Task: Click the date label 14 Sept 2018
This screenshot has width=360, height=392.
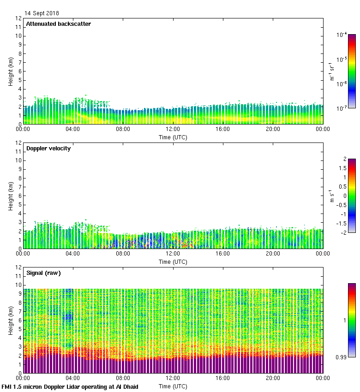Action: click(x=42, y=13)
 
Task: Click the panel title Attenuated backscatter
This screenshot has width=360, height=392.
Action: click(x=58, y=24)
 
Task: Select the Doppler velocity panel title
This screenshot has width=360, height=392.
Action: click(x=48, y=148)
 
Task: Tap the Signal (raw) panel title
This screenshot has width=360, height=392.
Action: click(x=43, y=273)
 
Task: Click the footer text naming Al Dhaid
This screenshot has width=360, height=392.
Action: click(x=70, y=386)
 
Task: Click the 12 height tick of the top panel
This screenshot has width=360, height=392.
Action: click(x=18, y=18)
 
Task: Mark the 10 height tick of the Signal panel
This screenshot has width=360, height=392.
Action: click(x=18, y=285)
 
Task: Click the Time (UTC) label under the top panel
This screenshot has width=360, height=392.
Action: click(x=173, y=137)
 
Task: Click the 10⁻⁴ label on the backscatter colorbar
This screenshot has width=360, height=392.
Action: click(x=342, y=35)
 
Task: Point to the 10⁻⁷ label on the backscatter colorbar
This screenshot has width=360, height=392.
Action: click(x=342, y=108)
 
